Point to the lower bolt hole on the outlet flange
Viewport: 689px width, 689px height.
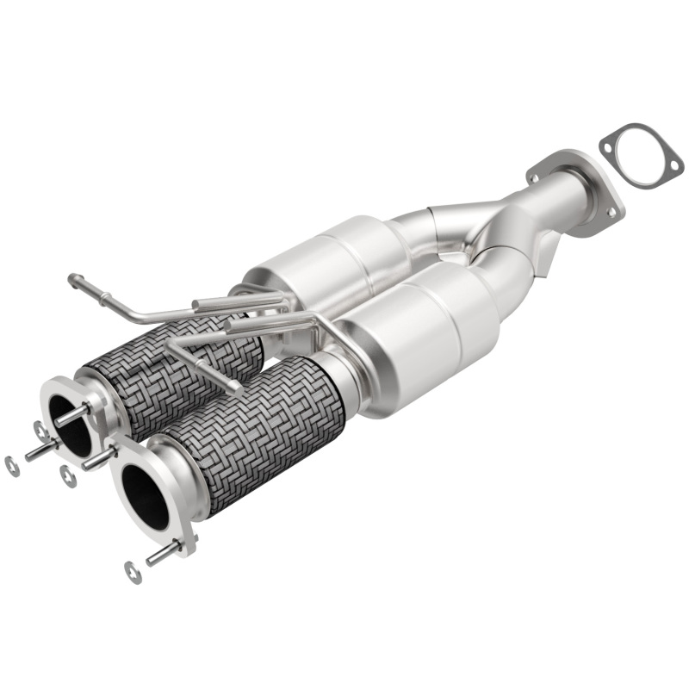point(611,209)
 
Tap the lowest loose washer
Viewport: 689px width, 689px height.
point(133,572)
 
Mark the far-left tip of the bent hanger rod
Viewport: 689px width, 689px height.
point(72,279)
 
